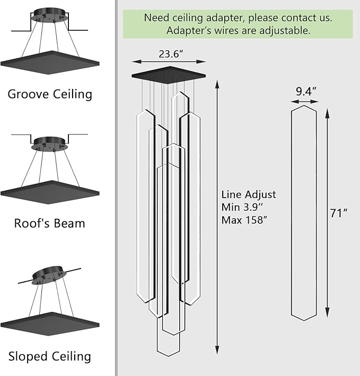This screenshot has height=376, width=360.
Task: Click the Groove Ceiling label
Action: click(50, 94)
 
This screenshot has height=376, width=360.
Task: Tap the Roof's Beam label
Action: click(49, 223)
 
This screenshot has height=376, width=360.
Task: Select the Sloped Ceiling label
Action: click(50, 356)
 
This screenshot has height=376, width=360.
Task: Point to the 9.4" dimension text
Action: click(306, 91)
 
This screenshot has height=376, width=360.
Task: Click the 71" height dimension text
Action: click(338, 213)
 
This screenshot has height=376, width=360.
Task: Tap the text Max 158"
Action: click(248, 219)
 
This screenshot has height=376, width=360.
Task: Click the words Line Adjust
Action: click(249, 194)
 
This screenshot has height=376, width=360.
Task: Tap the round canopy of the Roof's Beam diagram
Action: click(49, 144)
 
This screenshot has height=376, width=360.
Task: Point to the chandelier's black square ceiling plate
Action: click(169, 74)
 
